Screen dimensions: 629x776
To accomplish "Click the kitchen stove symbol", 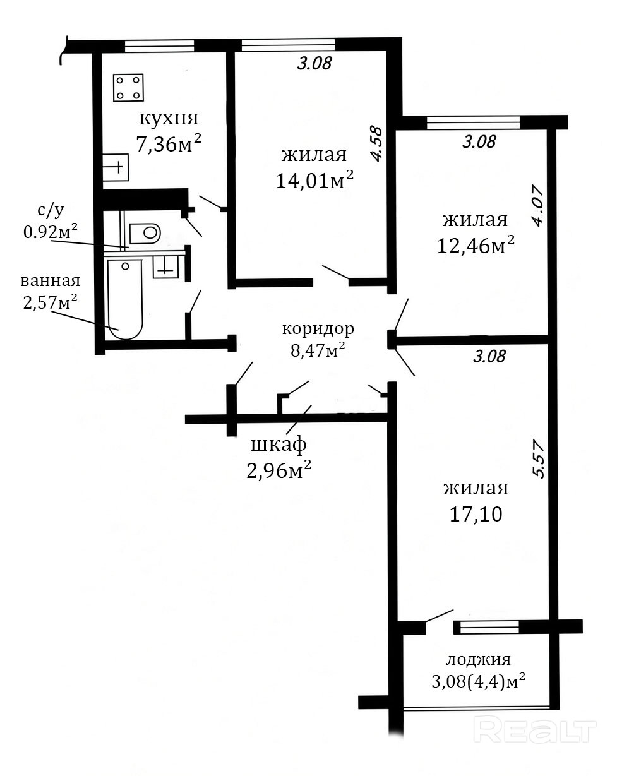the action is [128, 88].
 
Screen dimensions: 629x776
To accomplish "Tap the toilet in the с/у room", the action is [145, 233].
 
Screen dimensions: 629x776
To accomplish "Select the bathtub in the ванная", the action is [125, 299].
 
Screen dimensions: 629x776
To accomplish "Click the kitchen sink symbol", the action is [115, 167].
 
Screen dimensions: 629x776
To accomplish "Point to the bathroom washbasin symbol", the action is [166, 267].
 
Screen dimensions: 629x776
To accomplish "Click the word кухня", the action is [169, 119].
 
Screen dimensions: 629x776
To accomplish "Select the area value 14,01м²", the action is [314, 179].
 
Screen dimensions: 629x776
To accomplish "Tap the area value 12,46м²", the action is [476, 245].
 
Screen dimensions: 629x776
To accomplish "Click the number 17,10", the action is [476, 515].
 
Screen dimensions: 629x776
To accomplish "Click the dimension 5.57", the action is [538, 460].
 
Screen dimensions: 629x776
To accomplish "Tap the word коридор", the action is [318, 330].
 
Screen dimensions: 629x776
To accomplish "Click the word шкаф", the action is [279, 446].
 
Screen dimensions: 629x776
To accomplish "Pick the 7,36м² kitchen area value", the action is [169, 143].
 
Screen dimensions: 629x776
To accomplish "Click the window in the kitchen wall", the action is [159, 45].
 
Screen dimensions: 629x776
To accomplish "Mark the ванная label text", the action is [51, 281].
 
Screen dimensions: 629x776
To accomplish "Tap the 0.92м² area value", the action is [51, 231].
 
